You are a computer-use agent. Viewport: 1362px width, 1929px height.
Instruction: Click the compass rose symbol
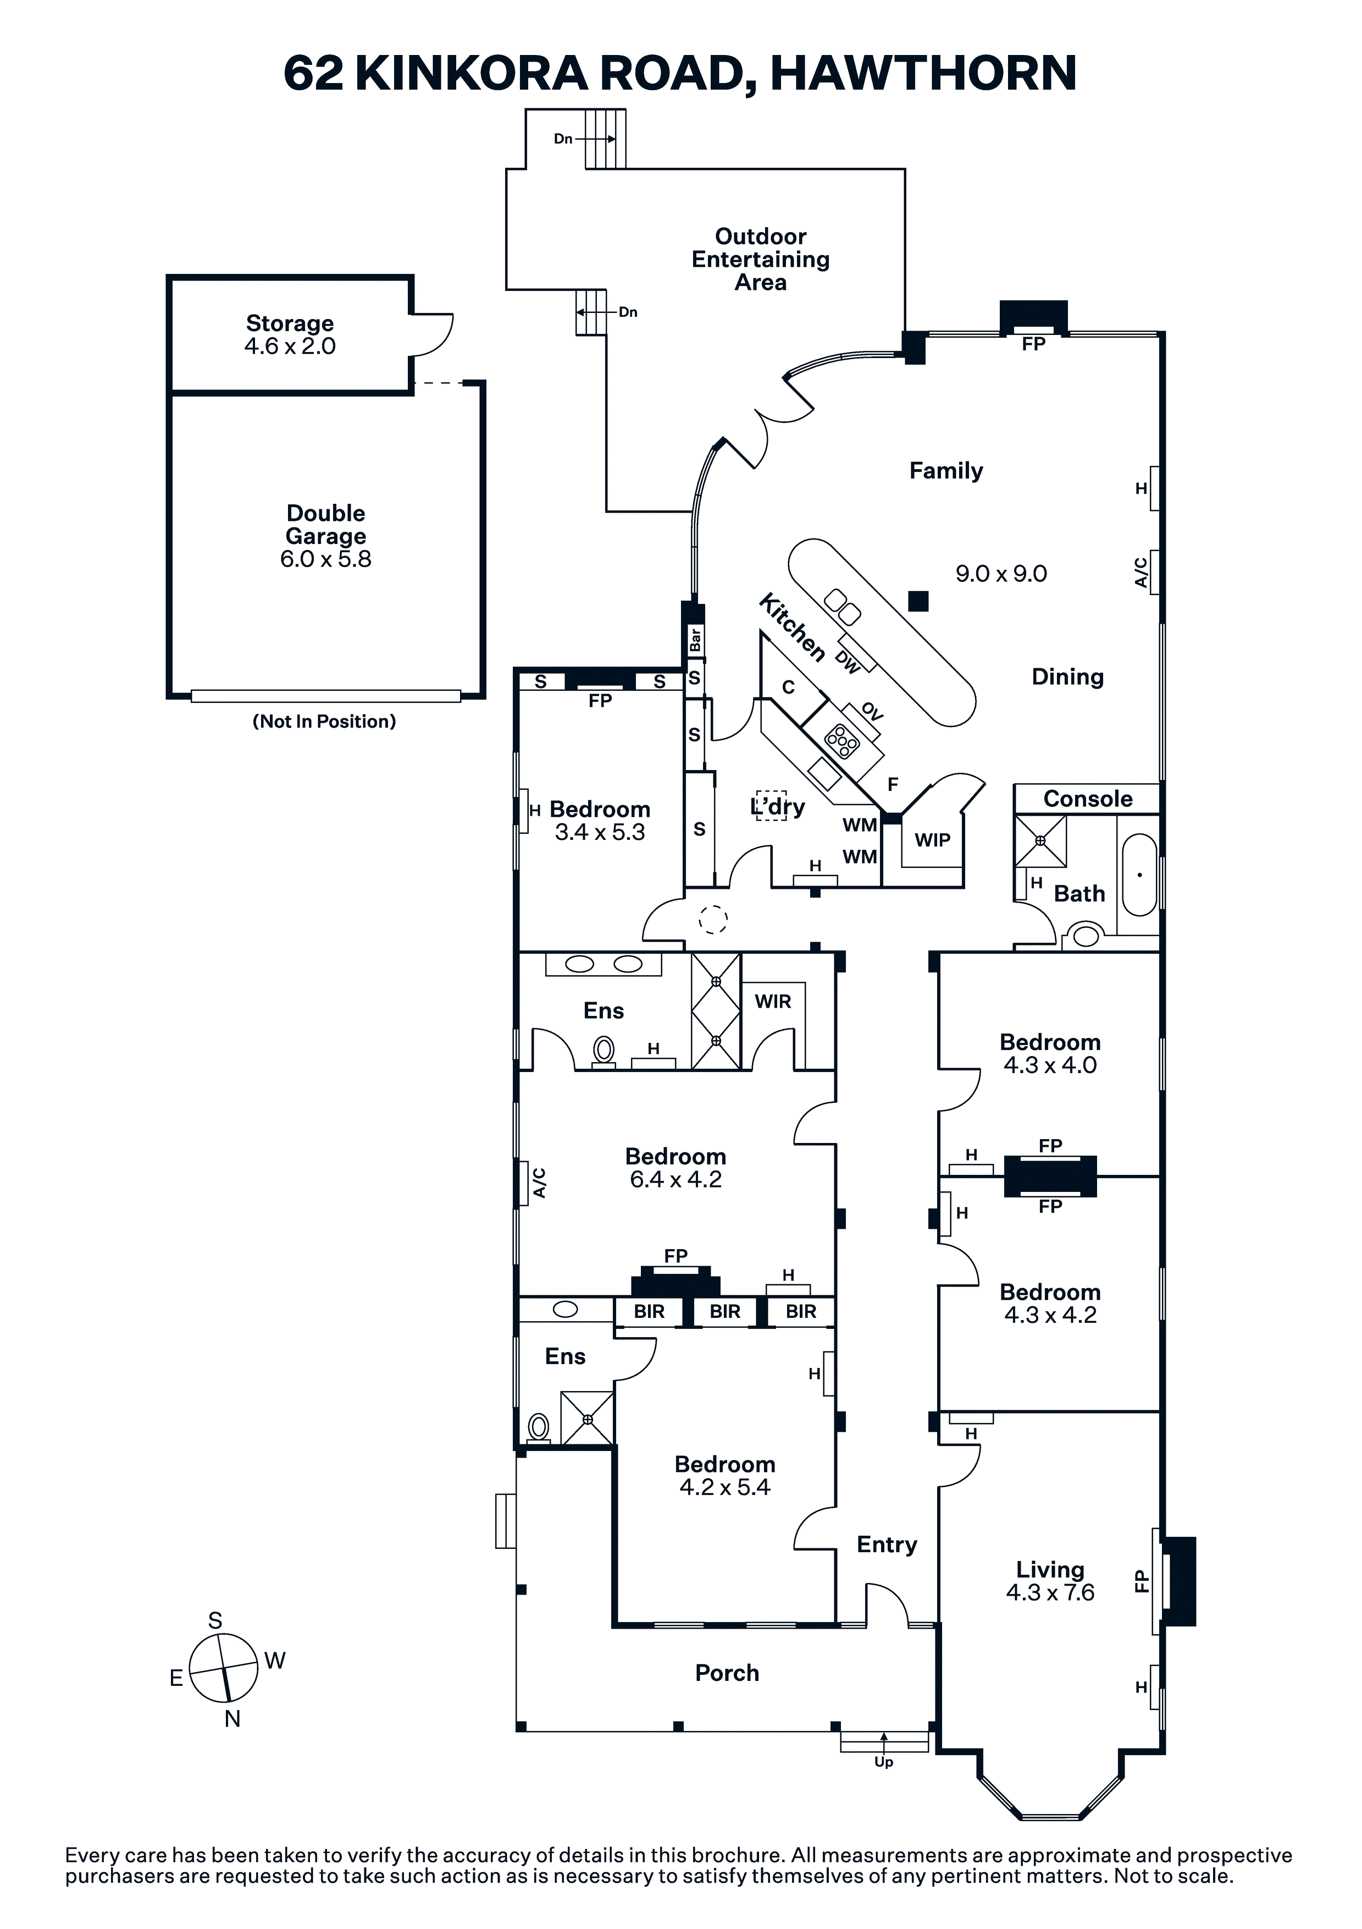coord(223,1668)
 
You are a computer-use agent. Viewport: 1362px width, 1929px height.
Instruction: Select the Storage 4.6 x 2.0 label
coord(290,334)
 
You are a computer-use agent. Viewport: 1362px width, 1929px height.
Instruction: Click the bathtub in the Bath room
coord(1139,875)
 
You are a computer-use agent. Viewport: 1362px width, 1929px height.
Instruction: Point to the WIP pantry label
coord(932,839)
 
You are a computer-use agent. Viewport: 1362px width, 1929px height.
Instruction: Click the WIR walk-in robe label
coord(773,1002)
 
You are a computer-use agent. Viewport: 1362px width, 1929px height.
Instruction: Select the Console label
coord(1087,799)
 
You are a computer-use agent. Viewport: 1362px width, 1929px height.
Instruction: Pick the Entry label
coord(887,1544)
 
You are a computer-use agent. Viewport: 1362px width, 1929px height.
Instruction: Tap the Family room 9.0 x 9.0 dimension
coord(1001,574)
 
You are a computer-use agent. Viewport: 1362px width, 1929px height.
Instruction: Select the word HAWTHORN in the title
coord(923,73)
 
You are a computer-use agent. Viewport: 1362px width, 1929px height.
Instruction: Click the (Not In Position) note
coord(324,722)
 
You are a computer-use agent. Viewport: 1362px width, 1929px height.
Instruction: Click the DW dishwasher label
coord(848,663)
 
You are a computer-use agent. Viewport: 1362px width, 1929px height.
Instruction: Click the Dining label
coord(1067,677)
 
